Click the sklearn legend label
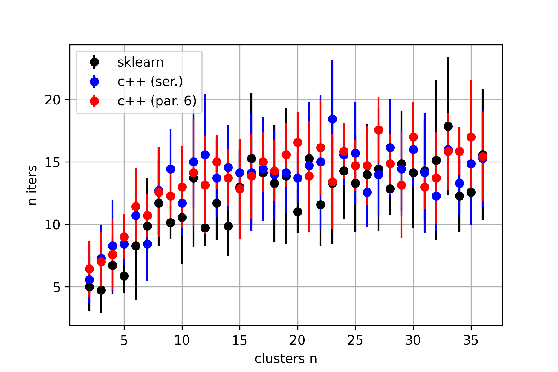click(x=140, y=63)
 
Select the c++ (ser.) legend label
click(x=150, y=82)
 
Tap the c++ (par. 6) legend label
click(x=157, y=101)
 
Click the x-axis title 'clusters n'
click(x=286, y=359)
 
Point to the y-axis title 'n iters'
click(x=33, y=185)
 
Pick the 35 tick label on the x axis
click(x=471, y=341)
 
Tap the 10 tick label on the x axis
click(x=182, y=341)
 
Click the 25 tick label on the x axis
click(x=355, y=341)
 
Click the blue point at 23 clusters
click(x=332, y=119)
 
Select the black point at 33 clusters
click(x=448, y=126)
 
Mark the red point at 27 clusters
click(x=379, y=130)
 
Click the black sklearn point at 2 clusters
click(x=89, y=287)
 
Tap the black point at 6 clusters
click(x=136, y=246)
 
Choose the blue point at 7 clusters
click(x=147, y=244)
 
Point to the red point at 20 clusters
click(x=298, y=142)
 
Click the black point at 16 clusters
click(x=251, y=158)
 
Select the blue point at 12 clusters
click(x=205, y=155)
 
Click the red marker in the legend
click(x=94, y=101)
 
